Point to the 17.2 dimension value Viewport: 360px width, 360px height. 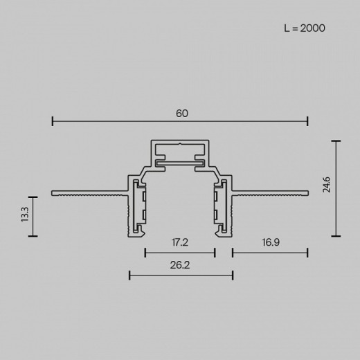pyautogui.click(x=179, y=242)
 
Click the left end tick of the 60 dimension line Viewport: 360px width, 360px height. pyautogui.click(x=53, y=122)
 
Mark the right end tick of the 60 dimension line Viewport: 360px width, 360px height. pyautogui.click(x=307, y=122)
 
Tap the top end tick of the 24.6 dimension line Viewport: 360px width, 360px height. pyautogui.click(x=336, y=141)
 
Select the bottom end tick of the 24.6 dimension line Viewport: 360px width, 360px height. pyautogui.click(x=336, y=235)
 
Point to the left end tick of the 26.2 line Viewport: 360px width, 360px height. pyautogui.click(x=129, y=275)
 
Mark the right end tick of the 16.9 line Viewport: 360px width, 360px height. pyautogui.click(x=307, y=253)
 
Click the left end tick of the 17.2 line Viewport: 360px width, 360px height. pyautogui.click(x=145, y=253)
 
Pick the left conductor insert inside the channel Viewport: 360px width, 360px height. pyautogui.click(x=141, y=206)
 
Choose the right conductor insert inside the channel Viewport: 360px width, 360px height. pyautogui.click(x=220, y=206)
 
